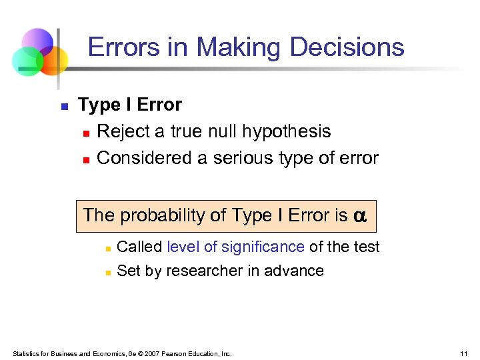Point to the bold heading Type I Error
click(130, 105)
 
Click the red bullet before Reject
click(86, 133)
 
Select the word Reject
click(123, 131)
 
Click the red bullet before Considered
click(86, 159)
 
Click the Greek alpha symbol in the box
click(360, 216)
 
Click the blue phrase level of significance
click(235, 247)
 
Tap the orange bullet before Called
click(107, 248)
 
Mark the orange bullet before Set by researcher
click(107, 272)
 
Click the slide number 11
click(463, 353)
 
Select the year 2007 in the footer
click(153, 353)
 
